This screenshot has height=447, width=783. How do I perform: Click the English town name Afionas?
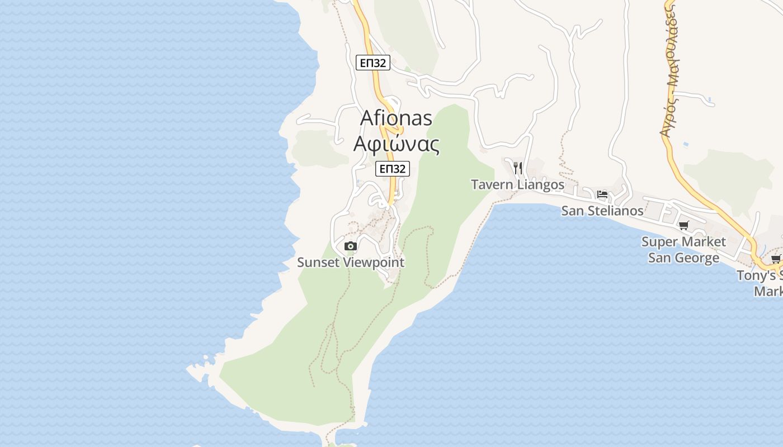click(x=396, y=118)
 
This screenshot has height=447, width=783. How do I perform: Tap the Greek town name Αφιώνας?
click(x=396, y=144)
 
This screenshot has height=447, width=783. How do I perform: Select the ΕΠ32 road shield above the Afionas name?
click(x=372, y=63)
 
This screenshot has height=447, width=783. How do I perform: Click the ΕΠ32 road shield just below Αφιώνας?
click(x=393, y=169)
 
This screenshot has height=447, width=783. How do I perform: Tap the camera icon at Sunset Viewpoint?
click(x=351, y=246)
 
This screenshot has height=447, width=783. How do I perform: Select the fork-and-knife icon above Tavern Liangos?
click(x=518, y=168)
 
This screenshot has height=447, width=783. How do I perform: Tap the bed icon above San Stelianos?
click(x=602, y=194)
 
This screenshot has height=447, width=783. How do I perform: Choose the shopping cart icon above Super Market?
click(x=683, y=225)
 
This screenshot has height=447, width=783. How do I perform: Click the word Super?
click(x=659, y=242)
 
